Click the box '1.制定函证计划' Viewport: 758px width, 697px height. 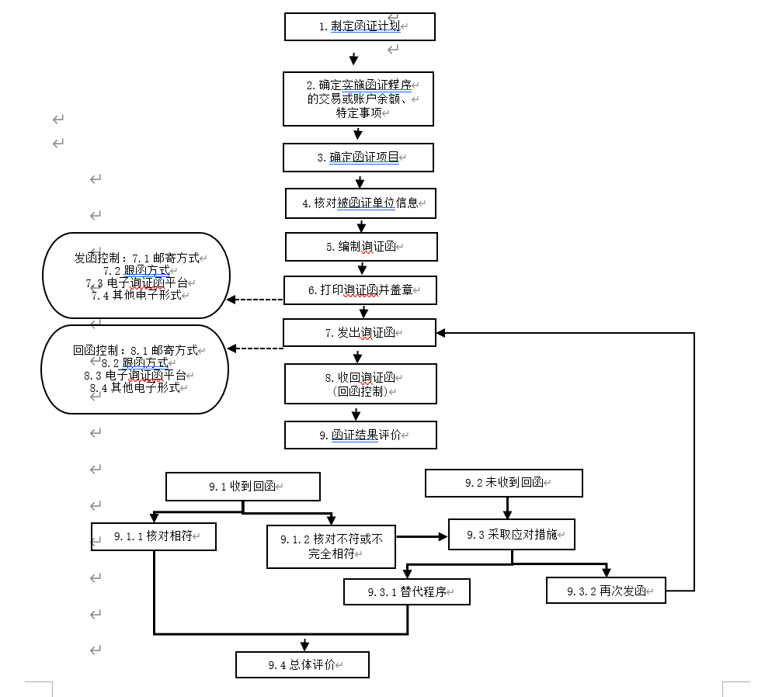click(x=360, y=26)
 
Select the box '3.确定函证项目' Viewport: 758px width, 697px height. click(x=358, y=158)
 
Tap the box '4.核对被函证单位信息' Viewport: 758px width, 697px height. click(x=360, y=203)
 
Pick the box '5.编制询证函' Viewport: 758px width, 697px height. click(x=361, y=247)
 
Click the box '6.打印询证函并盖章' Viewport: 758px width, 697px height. click(x=360, y=290)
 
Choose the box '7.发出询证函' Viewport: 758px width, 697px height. click(x=360, y=333)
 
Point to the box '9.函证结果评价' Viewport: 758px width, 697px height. click(x=360, y=435)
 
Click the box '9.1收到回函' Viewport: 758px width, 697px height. click(x=243, y=487)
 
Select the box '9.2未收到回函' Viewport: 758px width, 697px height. click(x=504, y=483)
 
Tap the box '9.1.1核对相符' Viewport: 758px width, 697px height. click(x=153, y=536)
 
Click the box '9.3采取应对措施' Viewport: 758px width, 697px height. click(x=512, y=535)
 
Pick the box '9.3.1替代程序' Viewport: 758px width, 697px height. click(x=408, y=592)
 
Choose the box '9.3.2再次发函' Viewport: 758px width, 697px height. click(x=606, y=590)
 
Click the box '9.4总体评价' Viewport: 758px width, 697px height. click(x=302, y=664)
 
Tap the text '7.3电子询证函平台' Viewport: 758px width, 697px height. click(x=136, y=283)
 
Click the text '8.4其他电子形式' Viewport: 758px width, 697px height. click(x=136, y=387)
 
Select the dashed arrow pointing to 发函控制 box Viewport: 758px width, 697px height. click(x=255, y=300)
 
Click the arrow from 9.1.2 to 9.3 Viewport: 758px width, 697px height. click(x=422, y=536)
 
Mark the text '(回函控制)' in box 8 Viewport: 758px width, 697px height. click(x=360, y=391)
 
